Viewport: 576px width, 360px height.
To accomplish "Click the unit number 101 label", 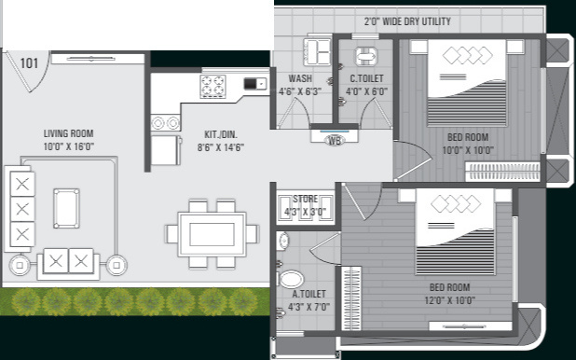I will coord(29,63).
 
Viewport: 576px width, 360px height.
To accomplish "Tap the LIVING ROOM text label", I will coord(69,133).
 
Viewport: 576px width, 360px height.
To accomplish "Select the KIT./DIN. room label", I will coord(221,134).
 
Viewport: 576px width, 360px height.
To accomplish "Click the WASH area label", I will coord(300,79).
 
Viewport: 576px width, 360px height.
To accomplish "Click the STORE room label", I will coord(305,200).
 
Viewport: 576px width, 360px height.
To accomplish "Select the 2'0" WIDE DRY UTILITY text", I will coord(406,21).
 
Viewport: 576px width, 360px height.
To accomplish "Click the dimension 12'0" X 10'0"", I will coord(451,301).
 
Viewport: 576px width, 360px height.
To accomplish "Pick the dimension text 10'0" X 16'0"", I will coord(69,147).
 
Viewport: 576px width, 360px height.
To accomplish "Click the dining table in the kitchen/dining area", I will coord(213,233).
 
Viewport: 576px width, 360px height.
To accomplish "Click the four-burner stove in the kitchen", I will coord(213,86).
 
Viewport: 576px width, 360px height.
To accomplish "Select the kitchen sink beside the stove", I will coord(254,84).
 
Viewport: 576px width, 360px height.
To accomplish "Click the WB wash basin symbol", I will coord(335,141).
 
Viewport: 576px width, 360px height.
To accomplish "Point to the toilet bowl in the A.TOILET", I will coord(292,279).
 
